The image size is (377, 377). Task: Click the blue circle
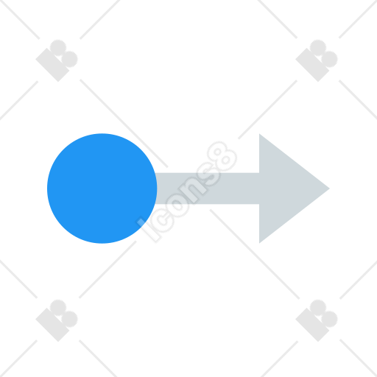point(102,188)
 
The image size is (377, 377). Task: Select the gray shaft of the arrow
point(208,188)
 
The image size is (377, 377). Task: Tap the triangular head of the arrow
point(287,188)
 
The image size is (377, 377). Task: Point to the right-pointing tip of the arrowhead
point(329,188)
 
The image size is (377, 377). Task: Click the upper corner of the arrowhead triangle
point(260,134)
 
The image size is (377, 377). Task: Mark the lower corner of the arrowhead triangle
point(260,243)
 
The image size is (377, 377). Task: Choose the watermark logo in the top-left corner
point(57,60)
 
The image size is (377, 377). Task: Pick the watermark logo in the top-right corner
point(317,60)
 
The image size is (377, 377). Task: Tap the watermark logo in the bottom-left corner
point(57,320)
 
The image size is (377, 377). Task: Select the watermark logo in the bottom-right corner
point(317,320)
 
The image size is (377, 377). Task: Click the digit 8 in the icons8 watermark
point(222,156)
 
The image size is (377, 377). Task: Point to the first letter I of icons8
point(148,230)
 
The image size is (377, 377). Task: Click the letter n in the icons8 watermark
point(194,191)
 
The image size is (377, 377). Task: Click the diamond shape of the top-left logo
point(52,65)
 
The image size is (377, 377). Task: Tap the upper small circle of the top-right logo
point(318,47)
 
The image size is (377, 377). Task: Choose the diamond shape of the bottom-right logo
point(312,325)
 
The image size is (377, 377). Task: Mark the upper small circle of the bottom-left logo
point(58,307)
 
